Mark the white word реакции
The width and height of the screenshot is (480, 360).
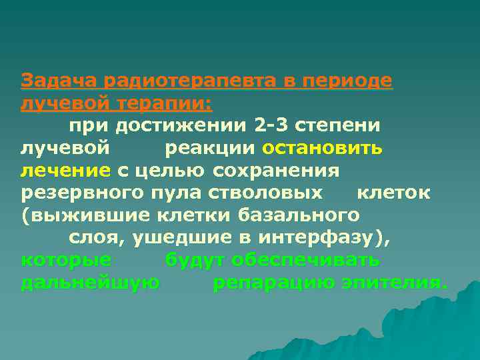click(211, 148)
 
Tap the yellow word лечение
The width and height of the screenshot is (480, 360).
click(65, 171)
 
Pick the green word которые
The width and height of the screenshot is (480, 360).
click(66, 260)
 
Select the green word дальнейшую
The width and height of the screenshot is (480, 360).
click(90, 283)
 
